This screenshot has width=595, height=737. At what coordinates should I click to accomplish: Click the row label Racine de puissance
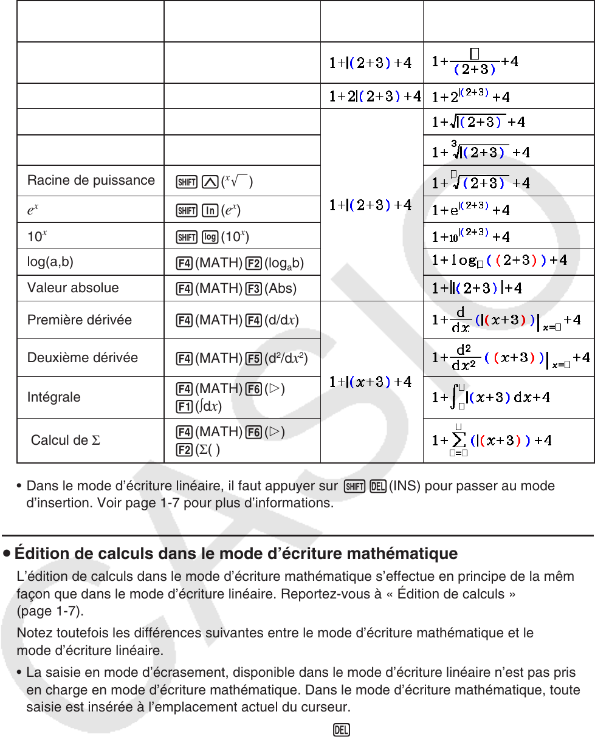point(91,180)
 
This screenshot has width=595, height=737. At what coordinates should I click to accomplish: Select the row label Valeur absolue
point(73,287)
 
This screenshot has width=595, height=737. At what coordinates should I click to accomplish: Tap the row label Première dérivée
point(80,320)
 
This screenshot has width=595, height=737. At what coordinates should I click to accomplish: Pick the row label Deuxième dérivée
point(83,357)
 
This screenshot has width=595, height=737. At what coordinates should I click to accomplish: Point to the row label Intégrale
point(53,397)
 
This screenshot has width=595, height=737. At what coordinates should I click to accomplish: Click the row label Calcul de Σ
point(65,440)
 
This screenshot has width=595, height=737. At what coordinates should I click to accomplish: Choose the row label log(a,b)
point(53,261)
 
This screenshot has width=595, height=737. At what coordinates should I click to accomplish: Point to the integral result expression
point(491,397)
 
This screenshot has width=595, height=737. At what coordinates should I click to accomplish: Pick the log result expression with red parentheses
point(500,261)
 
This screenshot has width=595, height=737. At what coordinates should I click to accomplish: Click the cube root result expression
point(481,149)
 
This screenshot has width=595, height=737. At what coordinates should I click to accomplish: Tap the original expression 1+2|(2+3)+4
point(374,96)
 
